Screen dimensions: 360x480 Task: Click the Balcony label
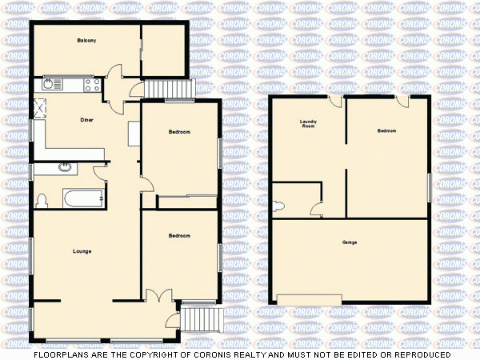pos(87,40)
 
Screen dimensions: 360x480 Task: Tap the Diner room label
pos(87,120)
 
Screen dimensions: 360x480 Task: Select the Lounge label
pos(82,251)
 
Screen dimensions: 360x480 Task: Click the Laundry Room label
pos(308,124)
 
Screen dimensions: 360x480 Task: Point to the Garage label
pos(350,242)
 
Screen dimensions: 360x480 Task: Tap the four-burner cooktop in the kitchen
pos(90,83)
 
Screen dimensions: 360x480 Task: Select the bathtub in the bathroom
pos(83,197)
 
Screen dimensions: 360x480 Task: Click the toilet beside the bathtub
pos(42,199)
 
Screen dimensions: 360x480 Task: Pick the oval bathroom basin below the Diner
pos(64,168)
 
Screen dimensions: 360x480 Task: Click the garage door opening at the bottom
pos(309,299)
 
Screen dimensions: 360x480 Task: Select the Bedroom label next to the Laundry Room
pos(387,130)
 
